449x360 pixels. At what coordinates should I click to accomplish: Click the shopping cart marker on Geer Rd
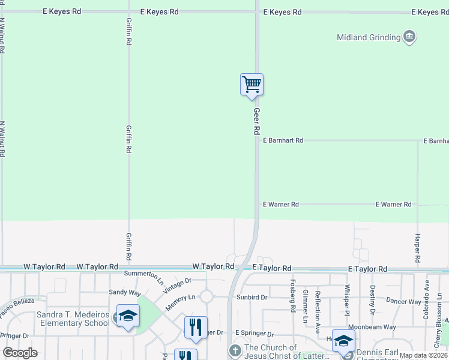252,85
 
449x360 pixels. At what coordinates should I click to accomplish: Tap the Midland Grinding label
369,37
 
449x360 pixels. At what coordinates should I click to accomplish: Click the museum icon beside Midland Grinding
409,37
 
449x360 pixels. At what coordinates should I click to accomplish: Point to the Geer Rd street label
257,121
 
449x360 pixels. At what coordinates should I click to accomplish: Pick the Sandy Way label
124,292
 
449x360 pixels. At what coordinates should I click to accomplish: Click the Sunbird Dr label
252,297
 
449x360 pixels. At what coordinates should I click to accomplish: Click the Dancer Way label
403,301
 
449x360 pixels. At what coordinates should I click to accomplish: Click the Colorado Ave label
427,298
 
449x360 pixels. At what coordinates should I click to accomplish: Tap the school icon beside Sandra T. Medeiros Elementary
128,316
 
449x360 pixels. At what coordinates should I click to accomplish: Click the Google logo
20,353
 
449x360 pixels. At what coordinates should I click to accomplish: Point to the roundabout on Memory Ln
208,296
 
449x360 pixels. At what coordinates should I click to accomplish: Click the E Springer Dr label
255,333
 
